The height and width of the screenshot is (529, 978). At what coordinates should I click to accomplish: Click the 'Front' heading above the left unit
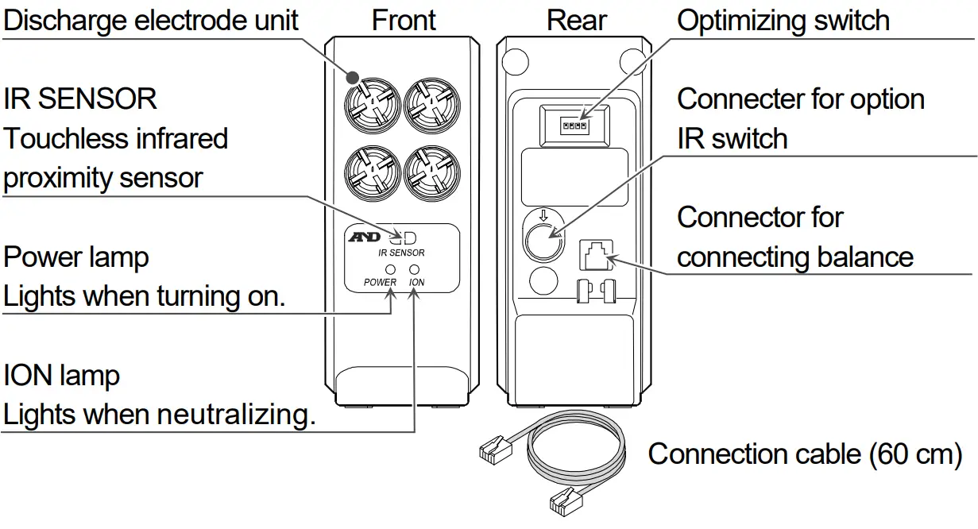(x=404, y=20)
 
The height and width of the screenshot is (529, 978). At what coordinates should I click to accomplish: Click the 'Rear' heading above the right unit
(x=577, y=20)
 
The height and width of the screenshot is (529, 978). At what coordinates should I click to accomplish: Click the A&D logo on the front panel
(x=367, y=237)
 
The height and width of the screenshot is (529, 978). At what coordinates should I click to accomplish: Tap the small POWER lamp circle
(x=390, y=269)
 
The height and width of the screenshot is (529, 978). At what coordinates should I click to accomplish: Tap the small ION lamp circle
(x=415, y=269)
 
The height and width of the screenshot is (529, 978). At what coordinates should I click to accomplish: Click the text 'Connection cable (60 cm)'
(x=805, y=454)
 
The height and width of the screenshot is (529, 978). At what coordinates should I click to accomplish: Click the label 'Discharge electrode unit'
(x=151, y=20)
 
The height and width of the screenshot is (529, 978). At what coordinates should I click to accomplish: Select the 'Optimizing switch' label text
(x=783, y=20)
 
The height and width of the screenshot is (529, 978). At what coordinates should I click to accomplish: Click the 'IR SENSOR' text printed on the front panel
(x=401, y=253)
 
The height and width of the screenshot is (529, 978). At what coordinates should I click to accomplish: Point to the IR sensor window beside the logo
(x=407, y=237)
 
